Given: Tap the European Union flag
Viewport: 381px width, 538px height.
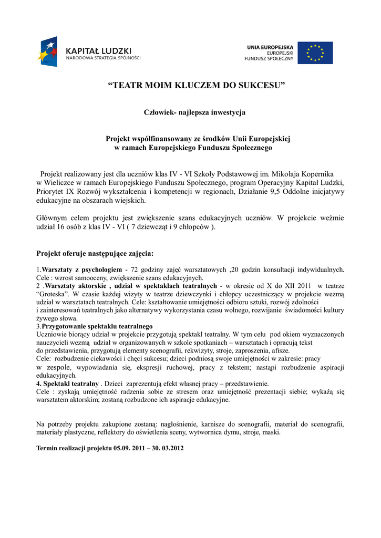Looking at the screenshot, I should [x=315, y=53].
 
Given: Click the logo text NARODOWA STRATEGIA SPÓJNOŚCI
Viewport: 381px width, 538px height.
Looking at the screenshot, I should [x=103, y=58].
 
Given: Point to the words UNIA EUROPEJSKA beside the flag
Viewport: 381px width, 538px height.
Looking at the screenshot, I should [x=271, y=47].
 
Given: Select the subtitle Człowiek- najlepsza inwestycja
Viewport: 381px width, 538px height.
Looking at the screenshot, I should [x=194, y=112].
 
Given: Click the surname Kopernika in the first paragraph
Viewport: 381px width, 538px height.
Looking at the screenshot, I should [x=316, y=173].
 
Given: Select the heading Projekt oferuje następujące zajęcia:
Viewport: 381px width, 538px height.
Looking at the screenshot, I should [x=95, y=254].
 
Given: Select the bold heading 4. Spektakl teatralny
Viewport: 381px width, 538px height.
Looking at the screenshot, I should [x=68, y=383].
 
